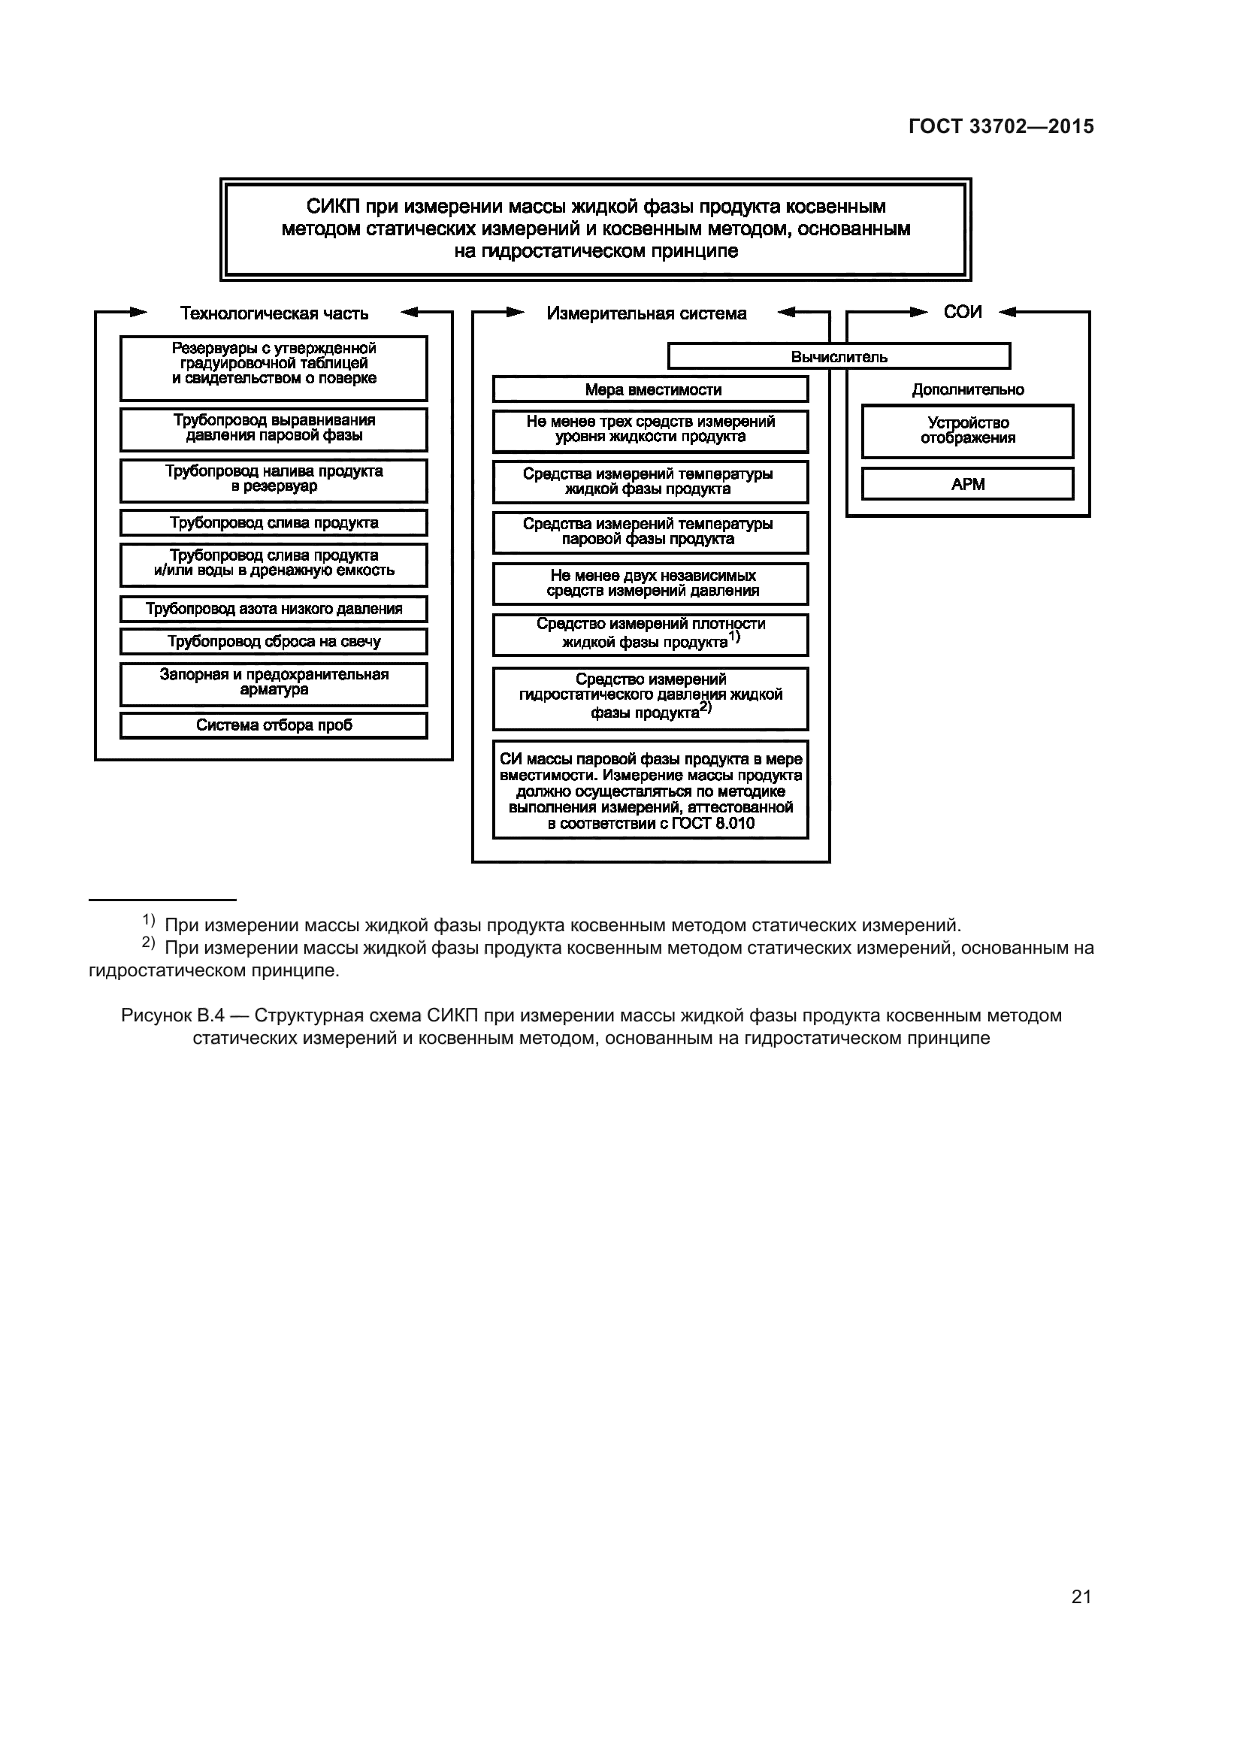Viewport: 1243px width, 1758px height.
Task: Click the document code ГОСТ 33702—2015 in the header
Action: [1000, 126]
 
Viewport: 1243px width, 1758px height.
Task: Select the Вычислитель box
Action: [839, 357]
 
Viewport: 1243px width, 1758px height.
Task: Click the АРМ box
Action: [967, 484]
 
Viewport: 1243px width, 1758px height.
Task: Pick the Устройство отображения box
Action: [967, 431]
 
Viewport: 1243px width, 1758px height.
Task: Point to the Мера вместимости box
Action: [651, 390]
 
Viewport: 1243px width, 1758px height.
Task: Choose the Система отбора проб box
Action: [274, 725]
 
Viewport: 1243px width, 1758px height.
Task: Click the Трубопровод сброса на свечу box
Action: [274, 642]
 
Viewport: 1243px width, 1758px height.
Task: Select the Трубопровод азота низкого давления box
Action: [274, 609]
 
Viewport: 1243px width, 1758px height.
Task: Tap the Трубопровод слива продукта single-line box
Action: [274, 523]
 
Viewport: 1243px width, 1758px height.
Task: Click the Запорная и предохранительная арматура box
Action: [274, 683]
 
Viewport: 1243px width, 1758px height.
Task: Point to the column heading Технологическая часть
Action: [274, 313]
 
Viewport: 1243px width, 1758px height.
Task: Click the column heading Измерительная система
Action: [647, 313]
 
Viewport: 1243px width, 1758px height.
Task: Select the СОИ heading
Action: [962, 312]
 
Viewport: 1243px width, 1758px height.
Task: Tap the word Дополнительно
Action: [967, 390]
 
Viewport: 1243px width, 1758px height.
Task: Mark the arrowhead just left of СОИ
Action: [918, 312]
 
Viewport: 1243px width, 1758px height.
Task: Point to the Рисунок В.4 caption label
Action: [172, 1015]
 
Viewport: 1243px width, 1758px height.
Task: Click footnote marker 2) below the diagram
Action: [149, 943]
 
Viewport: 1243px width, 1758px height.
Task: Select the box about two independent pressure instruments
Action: [651, 583]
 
